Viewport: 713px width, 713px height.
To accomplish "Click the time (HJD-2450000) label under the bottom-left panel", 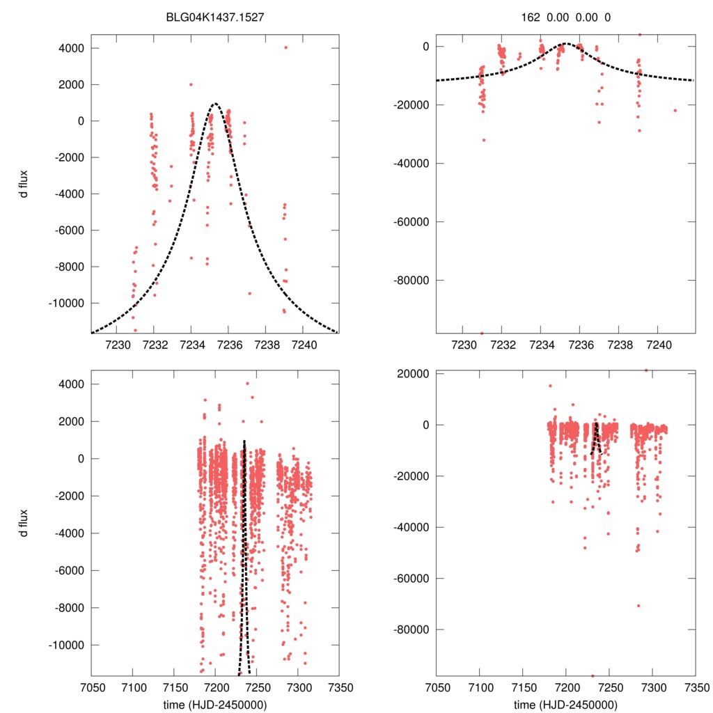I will click(x=214, y=704).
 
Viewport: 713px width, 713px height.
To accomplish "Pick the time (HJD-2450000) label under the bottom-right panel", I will click(x=565, y=704).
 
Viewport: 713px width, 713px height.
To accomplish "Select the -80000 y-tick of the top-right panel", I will click(x=411, y=281).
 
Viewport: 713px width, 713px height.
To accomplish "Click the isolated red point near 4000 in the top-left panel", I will click(x=285, y=47).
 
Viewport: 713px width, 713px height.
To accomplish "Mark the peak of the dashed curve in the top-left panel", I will click(x=215, y=104).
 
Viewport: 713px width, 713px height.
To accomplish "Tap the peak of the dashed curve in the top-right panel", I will click(x=565, y=43).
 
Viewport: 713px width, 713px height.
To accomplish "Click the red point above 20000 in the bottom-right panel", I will click(x=646, y=370).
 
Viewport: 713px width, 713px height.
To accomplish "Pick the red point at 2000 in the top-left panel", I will click(x=191, y=85).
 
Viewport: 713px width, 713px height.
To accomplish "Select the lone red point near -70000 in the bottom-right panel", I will click(x=638, y=605).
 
